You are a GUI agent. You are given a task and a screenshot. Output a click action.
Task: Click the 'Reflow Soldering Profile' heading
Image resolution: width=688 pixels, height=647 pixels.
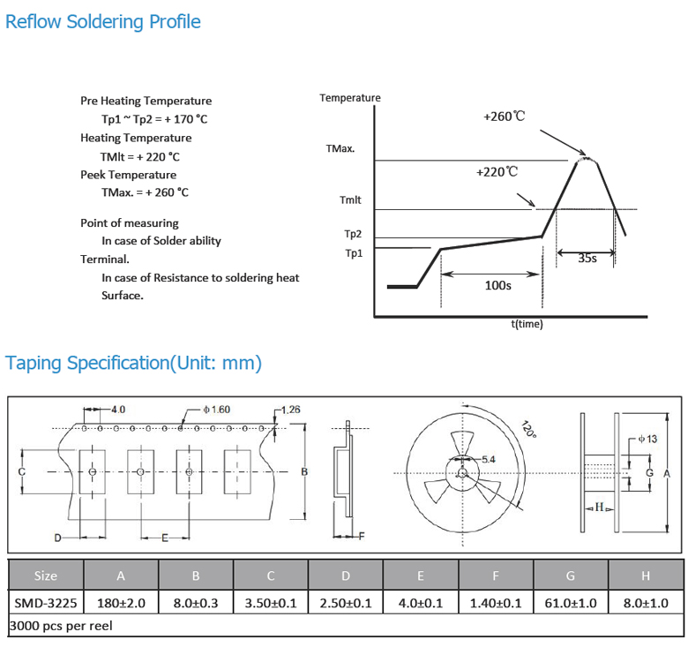(102, 22)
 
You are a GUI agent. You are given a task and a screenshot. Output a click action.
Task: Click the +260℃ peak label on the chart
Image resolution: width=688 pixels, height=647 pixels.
(505, 117)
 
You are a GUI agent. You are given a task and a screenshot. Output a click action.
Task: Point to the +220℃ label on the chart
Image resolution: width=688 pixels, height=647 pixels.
(497, 171)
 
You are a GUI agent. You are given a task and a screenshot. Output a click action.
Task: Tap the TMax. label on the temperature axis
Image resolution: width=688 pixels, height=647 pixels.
(340, 149)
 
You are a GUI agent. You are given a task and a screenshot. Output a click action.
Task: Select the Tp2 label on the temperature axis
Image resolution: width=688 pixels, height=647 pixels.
(353, 234)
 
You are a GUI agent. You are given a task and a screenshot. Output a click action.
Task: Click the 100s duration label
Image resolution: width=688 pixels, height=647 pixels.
(498, 285)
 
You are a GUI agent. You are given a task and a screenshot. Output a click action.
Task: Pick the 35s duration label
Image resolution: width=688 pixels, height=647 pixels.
(587, 258)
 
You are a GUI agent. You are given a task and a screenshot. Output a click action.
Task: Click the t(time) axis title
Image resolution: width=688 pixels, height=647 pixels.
(527, 324)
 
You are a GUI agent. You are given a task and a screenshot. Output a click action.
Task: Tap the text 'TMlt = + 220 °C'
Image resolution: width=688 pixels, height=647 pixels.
(140, 157)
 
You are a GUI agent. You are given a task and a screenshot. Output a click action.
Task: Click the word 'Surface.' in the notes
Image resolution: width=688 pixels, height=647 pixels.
(123, 296)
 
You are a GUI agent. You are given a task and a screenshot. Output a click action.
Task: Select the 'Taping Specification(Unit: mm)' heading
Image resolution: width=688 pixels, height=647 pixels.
(133, 363)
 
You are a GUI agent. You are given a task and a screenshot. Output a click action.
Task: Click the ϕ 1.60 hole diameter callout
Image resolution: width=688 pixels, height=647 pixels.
(216, 410)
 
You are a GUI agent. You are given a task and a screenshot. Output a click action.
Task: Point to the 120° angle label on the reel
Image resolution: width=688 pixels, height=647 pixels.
(528, 429)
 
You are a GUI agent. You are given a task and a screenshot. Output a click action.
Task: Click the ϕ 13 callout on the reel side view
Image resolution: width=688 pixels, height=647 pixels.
(647, 439)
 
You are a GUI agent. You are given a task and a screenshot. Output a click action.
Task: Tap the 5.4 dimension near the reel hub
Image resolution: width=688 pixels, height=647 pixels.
(489, 460)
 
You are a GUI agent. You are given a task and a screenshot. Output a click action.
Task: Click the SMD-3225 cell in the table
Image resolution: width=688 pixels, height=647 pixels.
(46, 603)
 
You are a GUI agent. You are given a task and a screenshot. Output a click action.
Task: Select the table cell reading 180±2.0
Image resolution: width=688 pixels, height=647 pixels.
(121, 603)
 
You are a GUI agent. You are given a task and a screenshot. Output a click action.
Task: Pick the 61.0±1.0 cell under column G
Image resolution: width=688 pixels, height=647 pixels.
(571, 603)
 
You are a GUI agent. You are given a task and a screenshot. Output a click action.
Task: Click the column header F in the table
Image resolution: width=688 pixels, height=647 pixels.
(496, 576)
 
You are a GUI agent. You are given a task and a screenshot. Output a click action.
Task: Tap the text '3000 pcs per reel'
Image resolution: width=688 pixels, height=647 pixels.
(61, 626)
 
